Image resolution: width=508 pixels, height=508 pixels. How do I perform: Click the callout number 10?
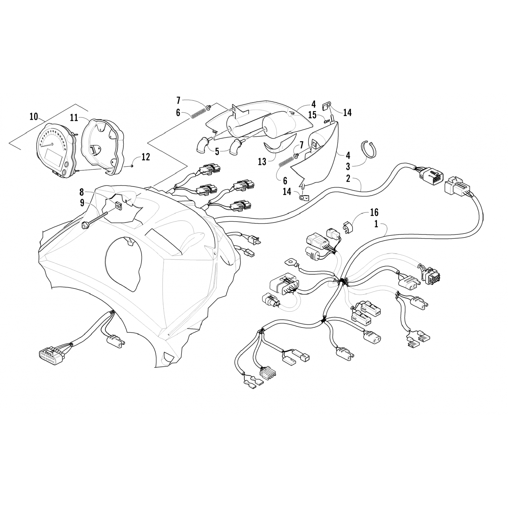coord(34,117)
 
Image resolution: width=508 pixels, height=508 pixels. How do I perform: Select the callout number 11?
coord(74,118)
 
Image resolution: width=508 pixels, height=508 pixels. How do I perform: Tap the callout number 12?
coord(146,157)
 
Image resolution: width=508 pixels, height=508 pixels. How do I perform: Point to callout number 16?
coord(374,213)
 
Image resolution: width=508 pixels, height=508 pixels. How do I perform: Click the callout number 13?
coord(262,162)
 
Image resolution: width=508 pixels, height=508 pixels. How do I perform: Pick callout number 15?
coord(312,115)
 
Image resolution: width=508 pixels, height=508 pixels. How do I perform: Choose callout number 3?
coord(348,166)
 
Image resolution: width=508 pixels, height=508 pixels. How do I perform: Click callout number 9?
coord(82,203)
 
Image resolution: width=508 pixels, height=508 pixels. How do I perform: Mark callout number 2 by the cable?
coord(348,178)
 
